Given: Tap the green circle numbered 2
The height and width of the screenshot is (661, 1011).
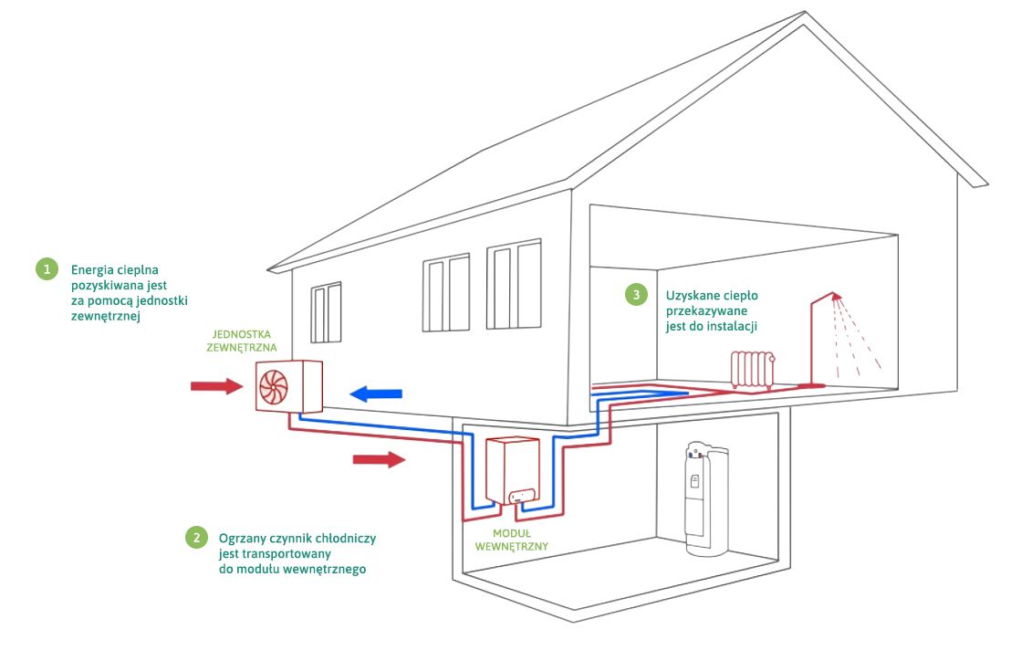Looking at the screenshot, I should pyautogui.click(x=195, y=537).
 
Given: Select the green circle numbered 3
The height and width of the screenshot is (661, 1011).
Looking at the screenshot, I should pyautogui.click(x=636, y=294).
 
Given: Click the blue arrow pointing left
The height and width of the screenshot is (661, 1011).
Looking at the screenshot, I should pyautogui.click(x=376, y=393).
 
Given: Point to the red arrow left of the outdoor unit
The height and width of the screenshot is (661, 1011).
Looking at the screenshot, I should pyautogui.click(x=216, y=387).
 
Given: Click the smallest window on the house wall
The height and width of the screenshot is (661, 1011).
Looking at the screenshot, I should pyautogui.click(x=326, y=312).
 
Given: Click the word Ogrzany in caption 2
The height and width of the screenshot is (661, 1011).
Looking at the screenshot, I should pyautogui.click(x=240, y=538).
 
